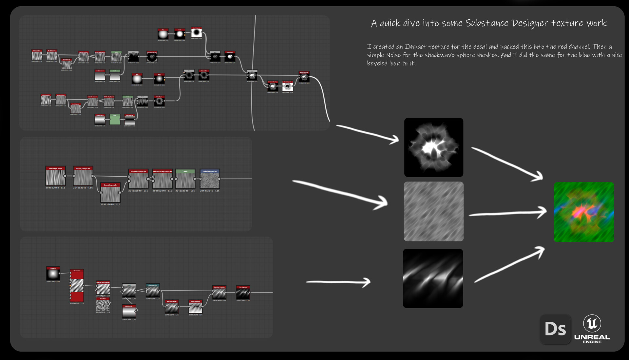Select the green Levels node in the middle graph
185,180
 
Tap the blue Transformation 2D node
210,180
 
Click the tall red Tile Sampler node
77,286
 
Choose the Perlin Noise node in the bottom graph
103,305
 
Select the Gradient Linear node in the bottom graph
129,312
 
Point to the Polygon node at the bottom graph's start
53,274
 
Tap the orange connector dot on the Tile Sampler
70,286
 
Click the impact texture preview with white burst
433,147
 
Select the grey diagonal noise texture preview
433,212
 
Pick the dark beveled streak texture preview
433,278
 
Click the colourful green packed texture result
583,212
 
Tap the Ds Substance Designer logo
555,329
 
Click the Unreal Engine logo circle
592,323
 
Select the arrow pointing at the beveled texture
338,282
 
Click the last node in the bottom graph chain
243,293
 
